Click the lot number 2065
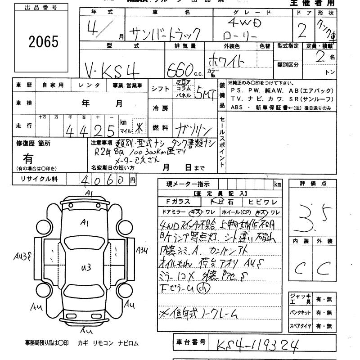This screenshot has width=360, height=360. (44, 42)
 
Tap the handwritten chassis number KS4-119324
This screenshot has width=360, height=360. (257, 345)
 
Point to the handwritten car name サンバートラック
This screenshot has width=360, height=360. (165, 32)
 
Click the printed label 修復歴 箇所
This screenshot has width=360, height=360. (34, 143)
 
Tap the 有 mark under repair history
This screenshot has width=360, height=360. (28, 158)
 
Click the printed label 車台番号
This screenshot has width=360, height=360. (190, 342)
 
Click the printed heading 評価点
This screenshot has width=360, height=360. (312, 184)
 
